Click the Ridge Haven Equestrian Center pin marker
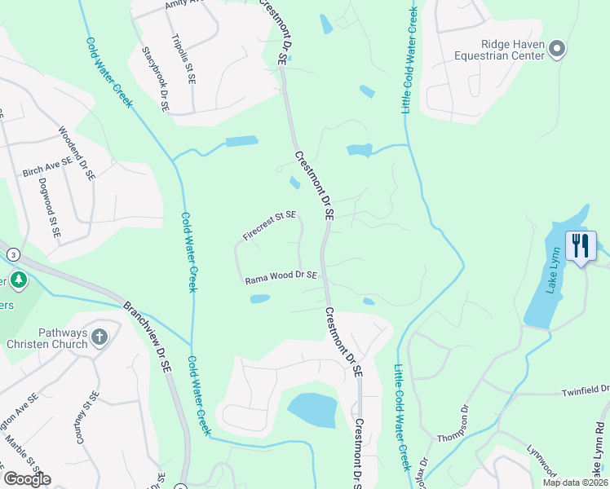[x=557, y=50]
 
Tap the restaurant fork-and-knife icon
[x=581, y=244]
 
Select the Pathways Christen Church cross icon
[x=99, y=337]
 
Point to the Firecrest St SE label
[x=268, y=226]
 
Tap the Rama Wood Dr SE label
[x=281, y=278]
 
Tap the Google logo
[x=27, y=478]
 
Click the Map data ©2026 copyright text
[x=575, y=482]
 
